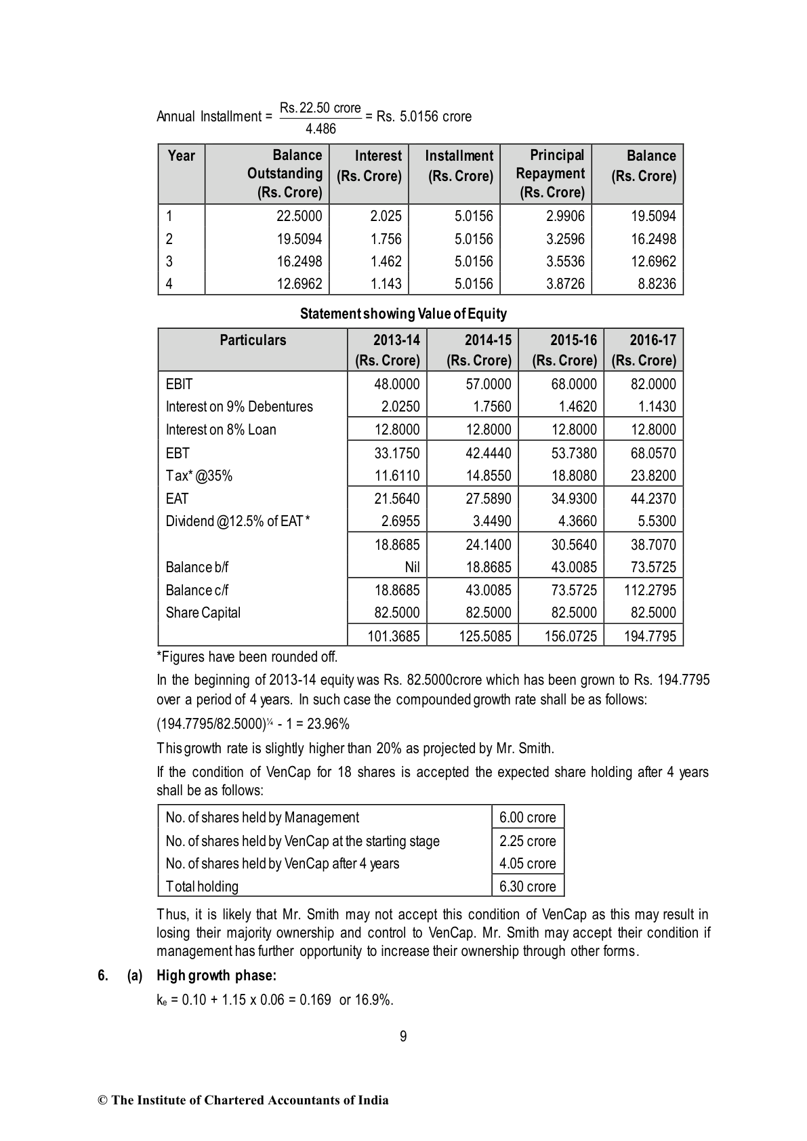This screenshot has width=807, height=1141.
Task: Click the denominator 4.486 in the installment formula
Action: [320, 129]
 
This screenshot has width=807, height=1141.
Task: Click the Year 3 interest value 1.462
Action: [386, 261]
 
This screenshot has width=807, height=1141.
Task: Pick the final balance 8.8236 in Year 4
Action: [657, 283]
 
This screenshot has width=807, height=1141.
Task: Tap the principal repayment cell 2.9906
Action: [565, 216]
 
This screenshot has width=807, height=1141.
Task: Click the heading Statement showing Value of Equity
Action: [403, 314]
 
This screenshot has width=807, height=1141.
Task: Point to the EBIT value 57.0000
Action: [488, 384]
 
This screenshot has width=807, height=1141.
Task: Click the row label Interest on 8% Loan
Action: [221, 429]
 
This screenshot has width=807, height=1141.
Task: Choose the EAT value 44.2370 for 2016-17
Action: [653, 498]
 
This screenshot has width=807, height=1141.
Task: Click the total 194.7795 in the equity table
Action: [648, 636]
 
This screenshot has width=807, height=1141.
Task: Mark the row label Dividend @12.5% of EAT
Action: [238, 521]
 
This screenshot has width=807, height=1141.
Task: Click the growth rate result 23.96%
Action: [328, 724]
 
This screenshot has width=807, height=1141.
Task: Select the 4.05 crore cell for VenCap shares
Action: [527, 863]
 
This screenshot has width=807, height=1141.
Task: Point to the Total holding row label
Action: [202, 886]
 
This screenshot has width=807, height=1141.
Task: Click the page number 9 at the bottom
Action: [403, 1036]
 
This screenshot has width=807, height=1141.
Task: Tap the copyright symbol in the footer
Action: [103, 1100]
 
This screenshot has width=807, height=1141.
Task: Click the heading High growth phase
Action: [216, 976]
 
